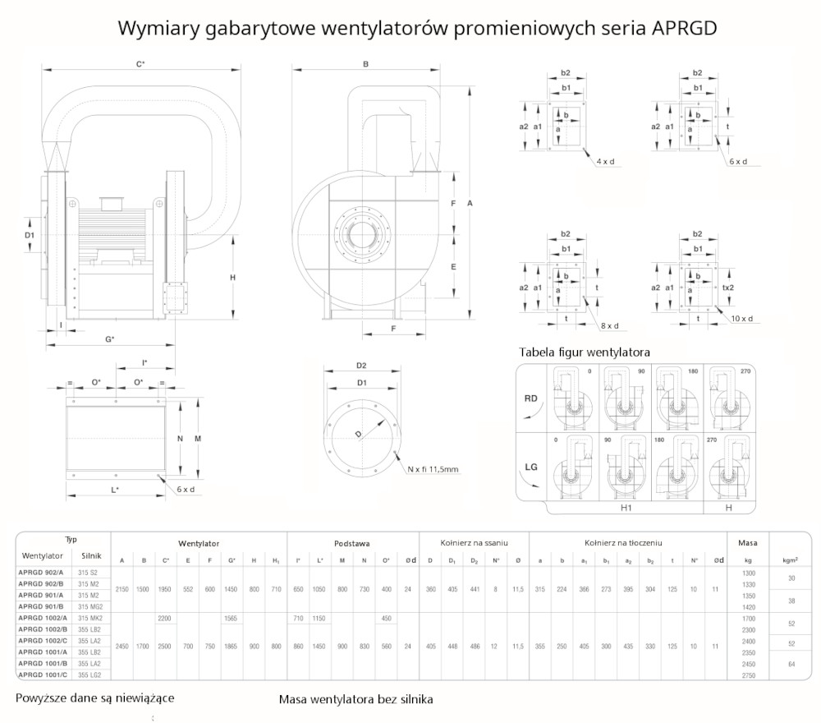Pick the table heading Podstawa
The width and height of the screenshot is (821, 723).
(x=351, y=543)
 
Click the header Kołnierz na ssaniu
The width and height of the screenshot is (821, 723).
(x=474, y=543)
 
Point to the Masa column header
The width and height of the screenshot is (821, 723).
(x=747, y=543)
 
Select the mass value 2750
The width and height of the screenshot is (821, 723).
(x=747, y=675)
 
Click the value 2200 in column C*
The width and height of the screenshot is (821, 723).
(x=166, y=617)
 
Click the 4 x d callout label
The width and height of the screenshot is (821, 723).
(x=607, y=162)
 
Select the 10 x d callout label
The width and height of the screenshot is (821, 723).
(x=741, y=319)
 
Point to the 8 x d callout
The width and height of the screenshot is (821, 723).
(x=608, y=326)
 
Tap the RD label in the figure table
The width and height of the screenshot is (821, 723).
(x=532, y=398)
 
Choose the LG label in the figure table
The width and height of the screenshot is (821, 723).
(x=532, y=467)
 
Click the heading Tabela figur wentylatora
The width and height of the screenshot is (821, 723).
(x=585, y=352)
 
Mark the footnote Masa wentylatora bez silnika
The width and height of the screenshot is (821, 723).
(x=355, y=699)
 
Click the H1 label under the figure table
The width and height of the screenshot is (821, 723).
(x=626, y=509)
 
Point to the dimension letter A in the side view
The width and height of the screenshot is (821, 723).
(x=468, y=202)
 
